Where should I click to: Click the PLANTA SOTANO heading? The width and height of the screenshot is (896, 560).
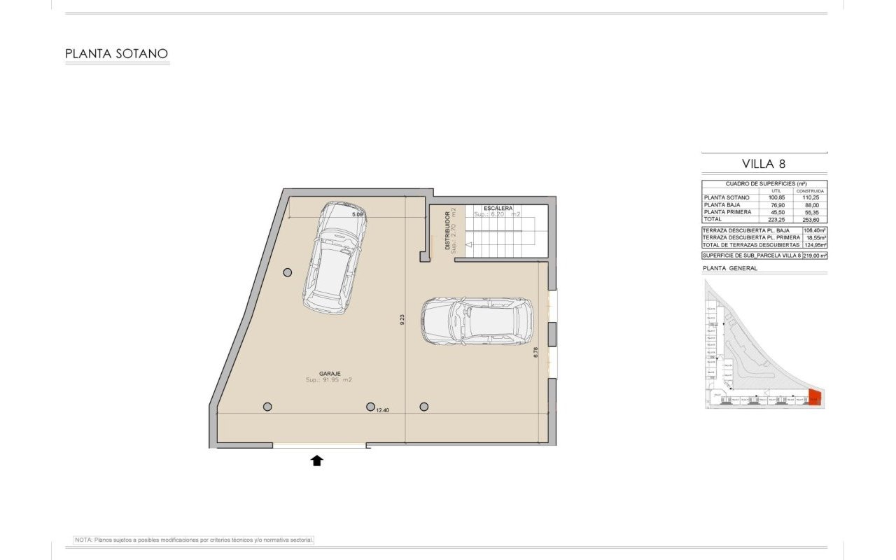pyautogui.click(x=116, y=54)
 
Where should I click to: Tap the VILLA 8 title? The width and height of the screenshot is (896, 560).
pyautogui.click(x=764, y=164)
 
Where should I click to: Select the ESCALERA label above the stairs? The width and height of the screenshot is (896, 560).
pyautogui.click(x=498, y=209)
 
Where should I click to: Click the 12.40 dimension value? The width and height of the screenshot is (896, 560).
pyautogui.click(x=382, y=411)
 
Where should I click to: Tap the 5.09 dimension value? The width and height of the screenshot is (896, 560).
pyautogui.click(x=357, y=215)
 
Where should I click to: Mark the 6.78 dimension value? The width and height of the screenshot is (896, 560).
pyautogui.click(x=535, y=353)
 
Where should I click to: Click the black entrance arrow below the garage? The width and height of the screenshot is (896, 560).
pyautogui.click(x=317, y=460)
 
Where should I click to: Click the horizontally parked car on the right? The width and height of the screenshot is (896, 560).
pyautogui.click(x=477, y=321)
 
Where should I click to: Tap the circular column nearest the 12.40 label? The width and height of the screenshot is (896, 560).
pyautogui.click(x=370, y=407)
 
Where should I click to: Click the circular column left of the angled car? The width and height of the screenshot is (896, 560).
pyautogui.click(x=287, y=272)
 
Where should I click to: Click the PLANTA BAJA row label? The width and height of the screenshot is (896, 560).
pyautogui.click(x=722, y=205)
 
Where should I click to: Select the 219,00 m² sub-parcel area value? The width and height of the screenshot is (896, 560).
pyautogui.click(x=814, y=256)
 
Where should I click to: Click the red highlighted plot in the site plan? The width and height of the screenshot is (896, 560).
pyautogui.click(x=815, y=398)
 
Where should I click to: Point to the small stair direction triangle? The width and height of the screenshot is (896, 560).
pyautogui.click(x=469, y=245)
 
